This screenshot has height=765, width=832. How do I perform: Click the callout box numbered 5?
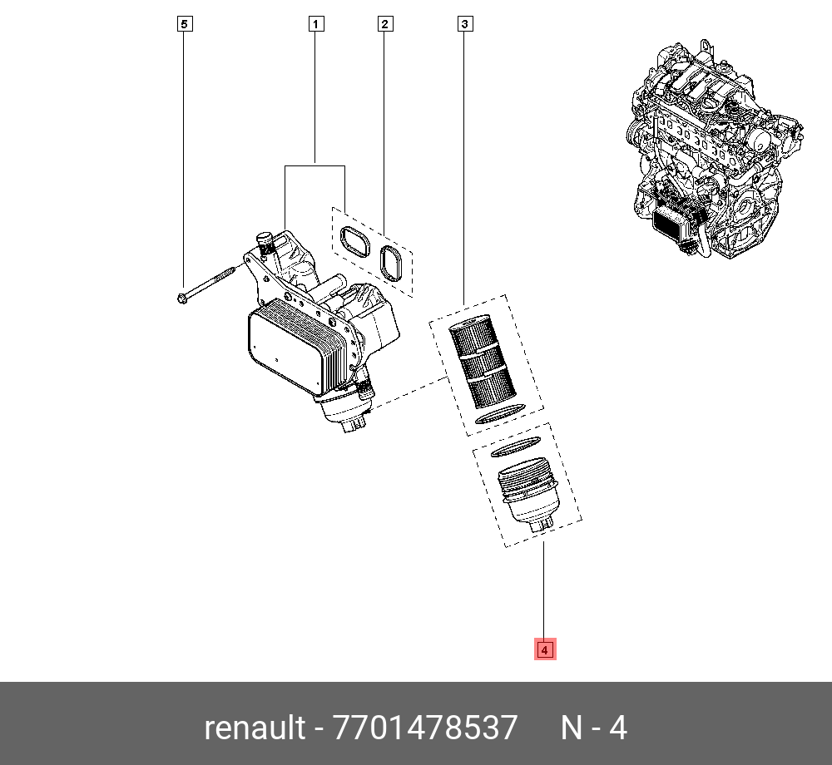(186, 23)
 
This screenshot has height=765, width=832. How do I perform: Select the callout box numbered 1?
(315, 23)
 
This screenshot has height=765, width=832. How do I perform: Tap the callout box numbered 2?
(384, 23)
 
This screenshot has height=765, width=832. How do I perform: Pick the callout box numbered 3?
(465, 23)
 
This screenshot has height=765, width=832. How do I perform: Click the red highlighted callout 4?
(544, 649)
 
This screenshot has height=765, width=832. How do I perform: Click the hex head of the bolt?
(182, 297)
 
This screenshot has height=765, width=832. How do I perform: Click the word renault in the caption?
(255, 728)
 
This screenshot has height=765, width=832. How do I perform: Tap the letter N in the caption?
(572, 728)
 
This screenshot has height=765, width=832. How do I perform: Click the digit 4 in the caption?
(617, 728)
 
